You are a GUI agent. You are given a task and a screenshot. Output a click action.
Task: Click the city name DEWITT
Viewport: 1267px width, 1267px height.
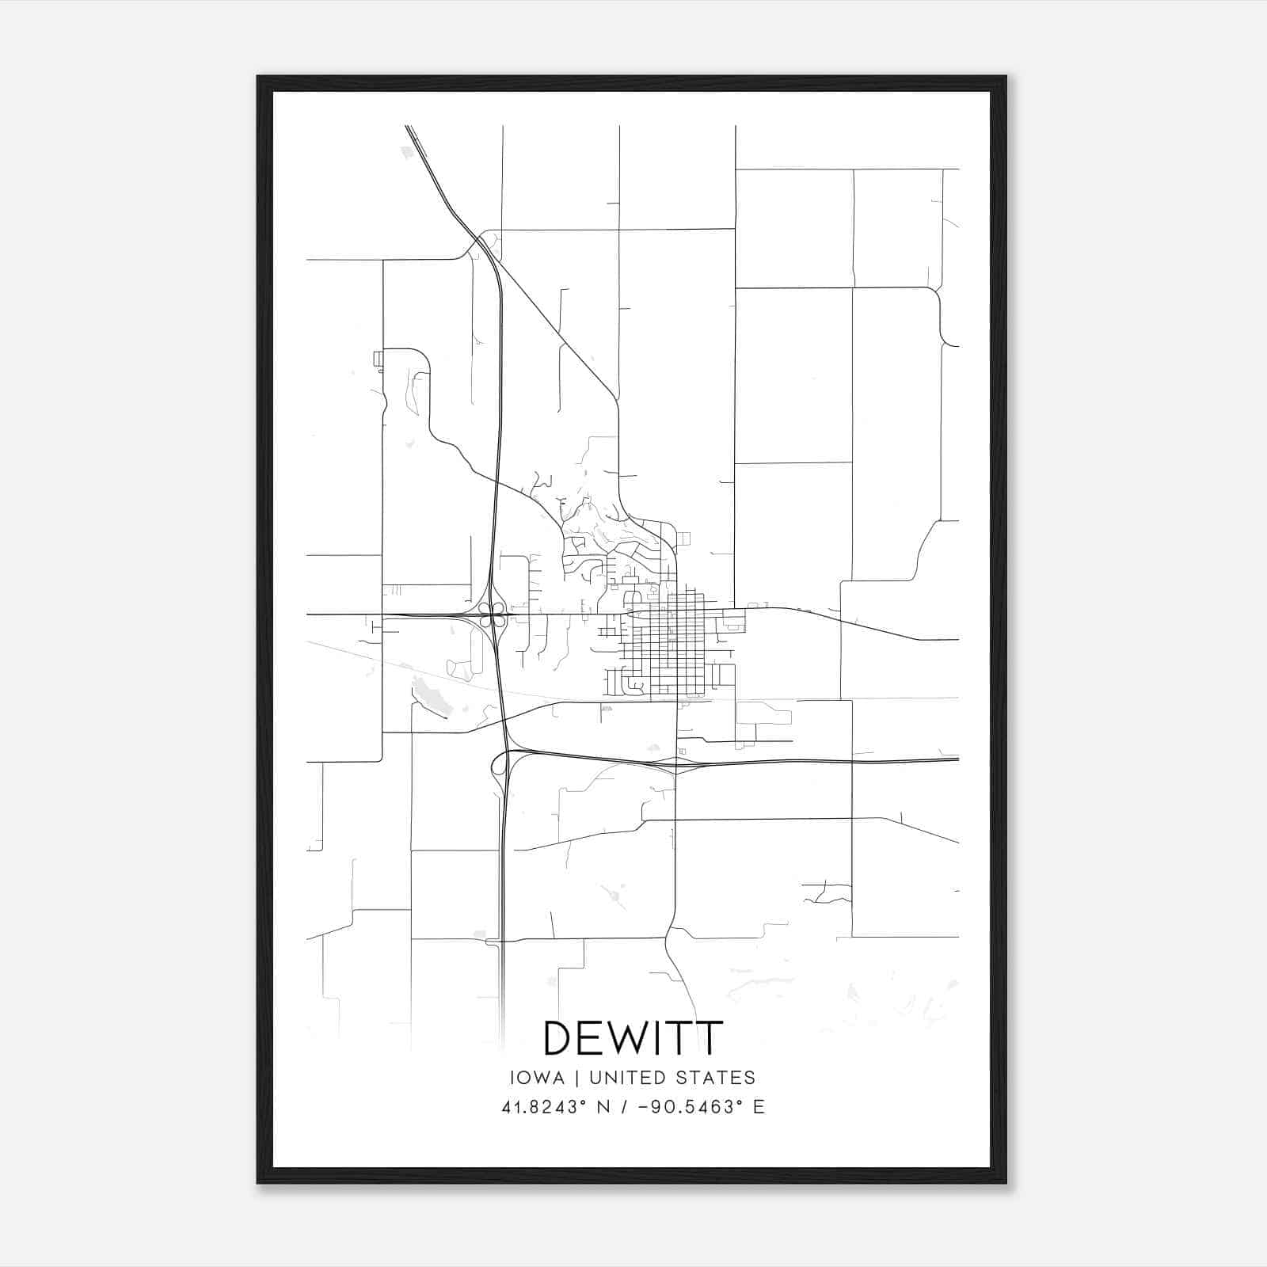[633, 1038]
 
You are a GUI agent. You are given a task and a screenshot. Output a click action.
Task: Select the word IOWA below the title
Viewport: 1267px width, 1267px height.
[538, 1078]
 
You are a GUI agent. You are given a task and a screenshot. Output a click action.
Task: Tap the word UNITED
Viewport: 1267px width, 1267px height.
[623, 1078]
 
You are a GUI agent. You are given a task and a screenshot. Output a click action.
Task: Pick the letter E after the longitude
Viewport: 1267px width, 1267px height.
[759, 1107]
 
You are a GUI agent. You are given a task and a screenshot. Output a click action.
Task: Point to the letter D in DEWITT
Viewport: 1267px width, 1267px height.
[560, 1038]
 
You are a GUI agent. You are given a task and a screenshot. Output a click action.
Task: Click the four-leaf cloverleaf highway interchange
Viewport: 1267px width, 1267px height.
[493, 614]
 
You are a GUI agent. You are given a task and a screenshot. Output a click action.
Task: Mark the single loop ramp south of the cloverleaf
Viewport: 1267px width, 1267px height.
[499, 763]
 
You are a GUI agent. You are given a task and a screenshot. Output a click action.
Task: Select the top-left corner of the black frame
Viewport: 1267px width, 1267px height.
[258, 77]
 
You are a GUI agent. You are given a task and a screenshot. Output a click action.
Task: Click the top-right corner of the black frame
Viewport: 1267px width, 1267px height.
[1005, 77]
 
